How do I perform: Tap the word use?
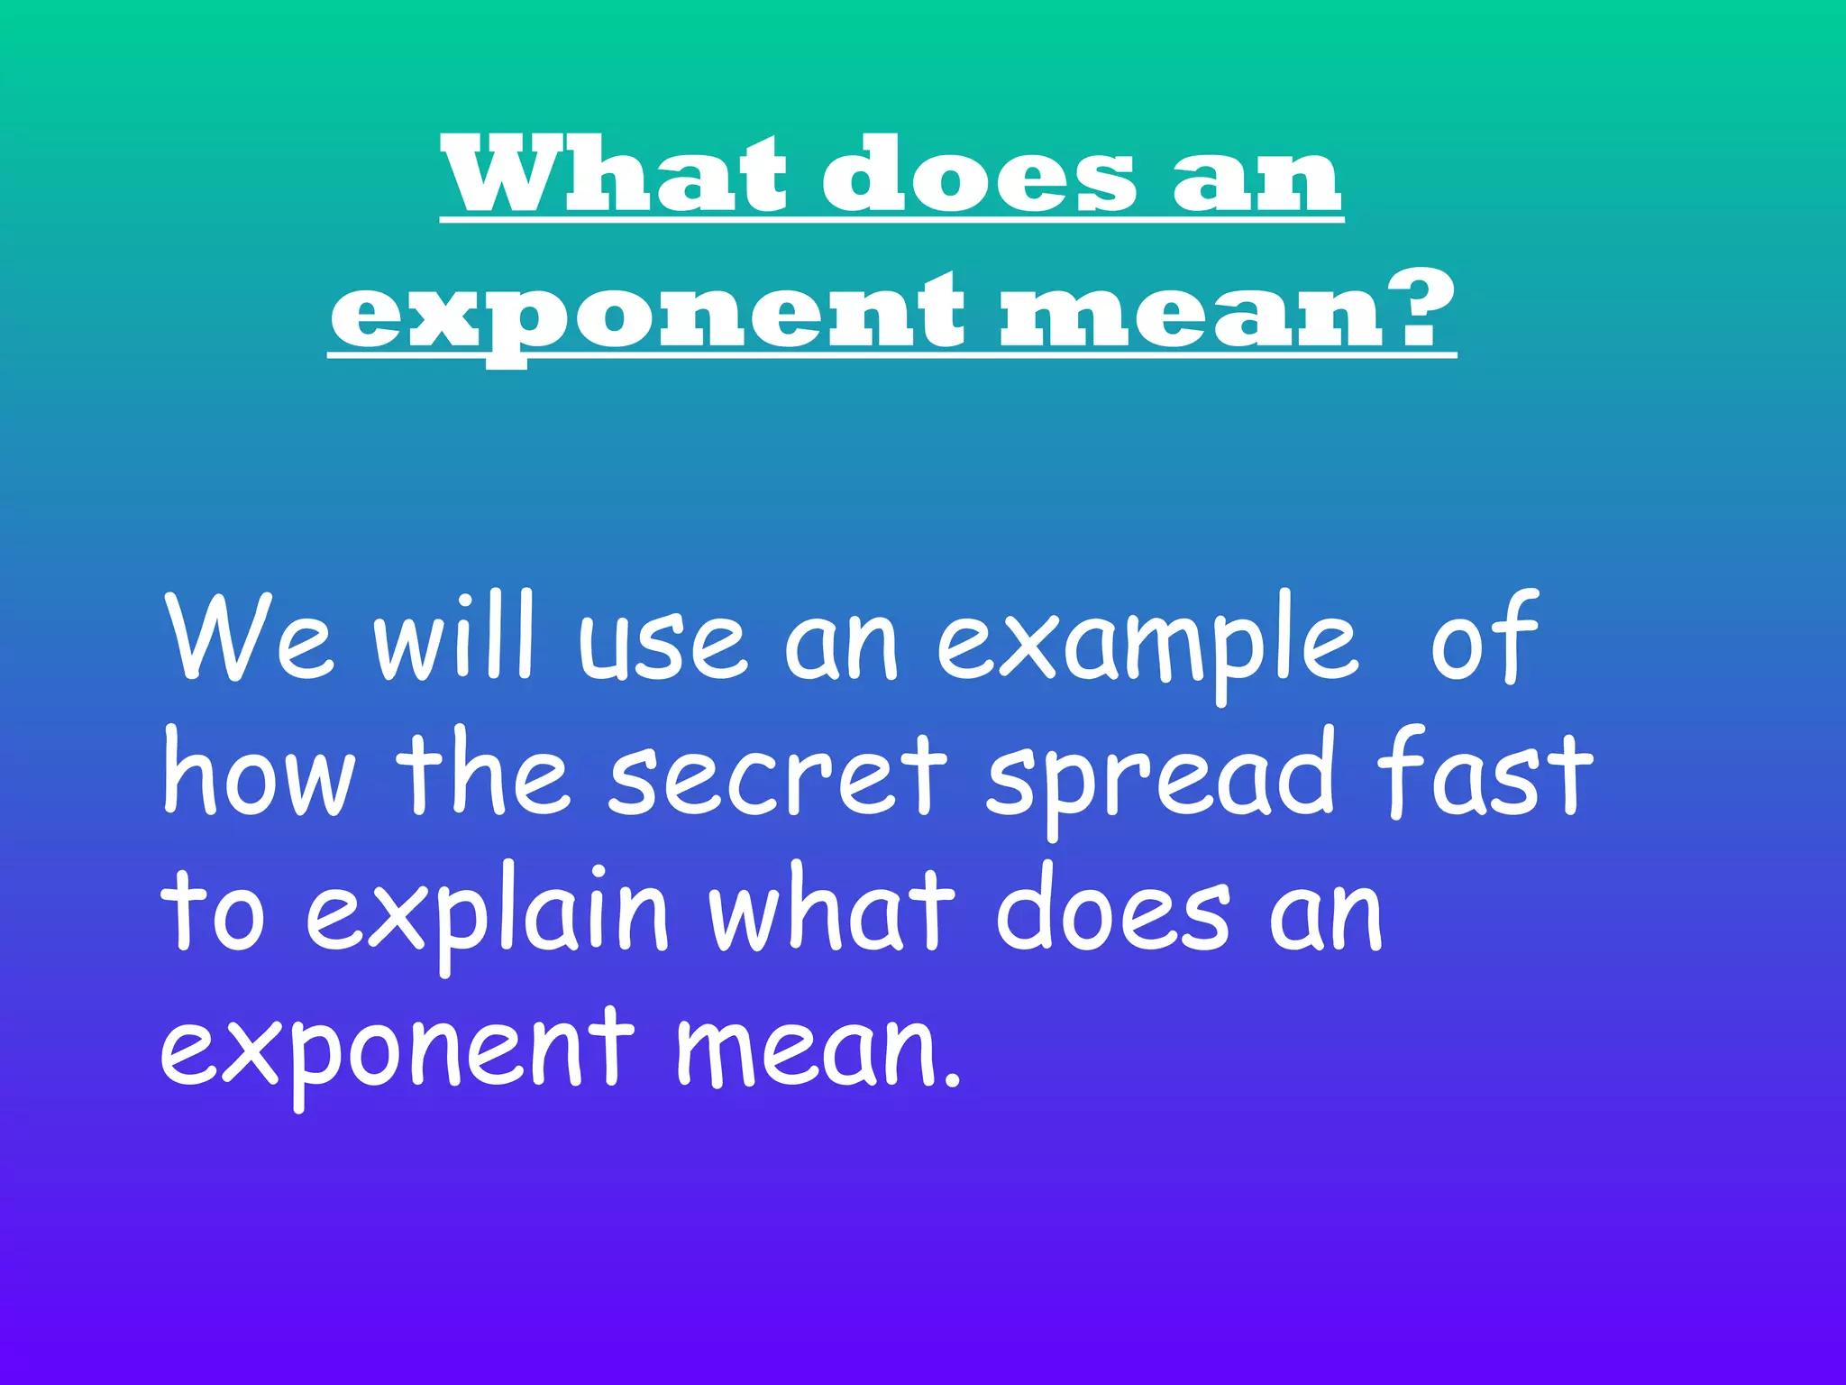point(663,643)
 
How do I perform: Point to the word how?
point(259,773)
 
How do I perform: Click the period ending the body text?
point(954,1078)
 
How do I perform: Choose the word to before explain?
point(213,911)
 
